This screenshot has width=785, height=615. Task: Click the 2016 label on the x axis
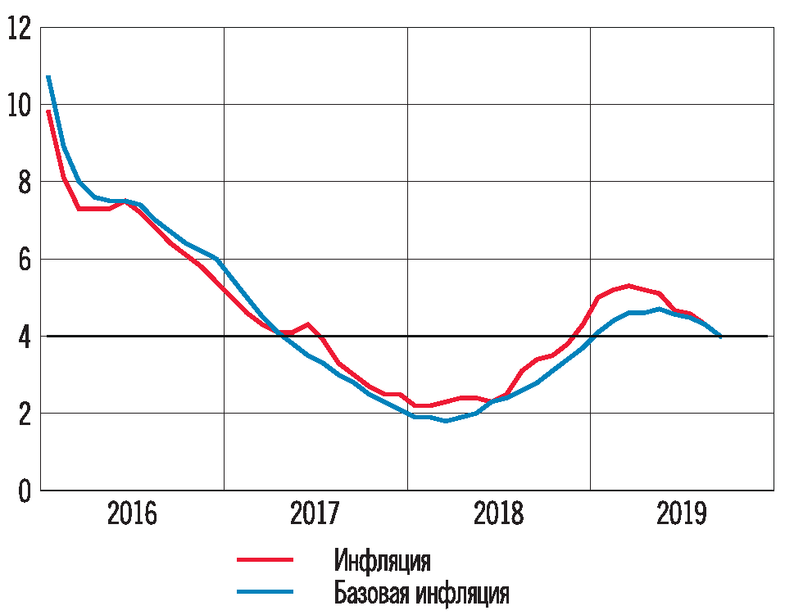click(x=132, y=514)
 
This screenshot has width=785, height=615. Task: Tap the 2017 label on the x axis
click(x=315, y=514)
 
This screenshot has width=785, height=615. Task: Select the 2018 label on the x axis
click(x=498, y=514)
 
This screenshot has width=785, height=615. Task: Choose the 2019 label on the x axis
click(x=682, y=514)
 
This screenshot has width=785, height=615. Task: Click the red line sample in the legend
click(x=265, y=560)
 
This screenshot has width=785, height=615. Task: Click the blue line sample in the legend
click(x=265, y=591)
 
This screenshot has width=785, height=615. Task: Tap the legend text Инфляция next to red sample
click(x=383, y=561)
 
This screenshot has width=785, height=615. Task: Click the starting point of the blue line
click(x=48, y=77)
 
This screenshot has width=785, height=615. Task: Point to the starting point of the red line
click(x=48, y=111)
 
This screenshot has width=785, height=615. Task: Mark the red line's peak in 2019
click(x=628, y=286)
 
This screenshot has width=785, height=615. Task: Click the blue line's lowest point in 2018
click(x=446, y=421)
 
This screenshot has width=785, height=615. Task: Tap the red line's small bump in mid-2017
click(x=307, y=324)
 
